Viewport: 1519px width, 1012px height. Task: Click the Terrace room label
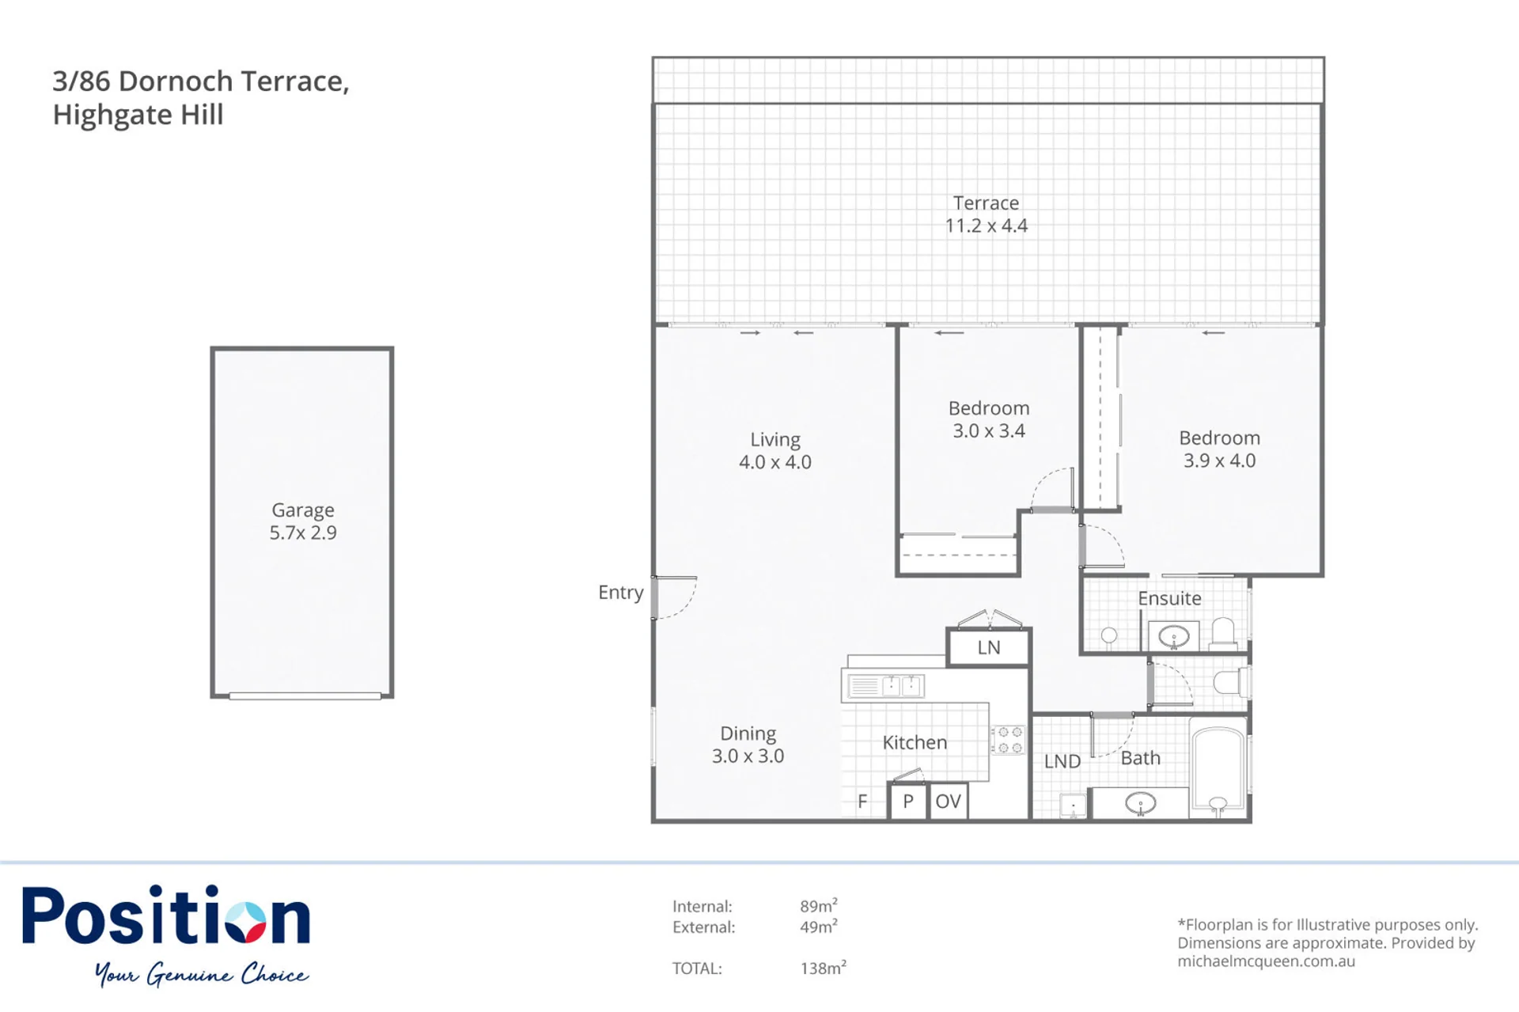coord(986,203)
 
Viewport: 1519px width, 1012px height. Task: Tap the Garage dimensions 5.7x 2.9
coord(303,533)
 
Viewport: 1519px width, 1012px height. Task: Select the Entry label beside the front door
coord(620,593)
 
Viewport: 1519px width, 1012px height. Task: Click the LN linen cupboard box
coord(989,647)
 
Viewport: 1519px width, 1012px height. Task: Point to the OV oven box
coord(948,802)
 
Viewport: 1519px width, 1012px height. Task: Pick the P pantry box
coord(908,802)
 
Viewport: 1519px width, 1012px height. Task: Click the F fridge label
coord(862,802)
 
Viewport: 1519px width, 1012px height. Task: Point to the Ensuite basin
coord(1174,636)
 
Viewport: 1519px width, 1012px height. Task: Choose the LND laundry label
coord(1062,761)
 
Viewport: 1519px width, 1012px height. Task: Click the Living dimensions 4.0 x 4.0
coord(775,462)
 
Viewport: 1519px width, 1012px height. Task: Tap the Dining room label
coord(748,733)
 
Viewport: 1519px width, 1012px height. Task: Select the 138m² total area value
coord(824,967)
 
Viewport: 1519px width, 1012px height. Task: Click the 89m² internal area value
coord(819,905)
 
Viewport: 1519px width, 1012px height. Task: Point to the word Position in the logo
coord(166,915)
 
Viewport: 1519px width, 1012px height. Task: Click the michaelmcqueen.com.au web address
coord(1267,961)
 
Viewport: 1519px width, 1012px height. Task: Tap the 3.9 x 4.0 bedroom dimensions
coord(1219,461)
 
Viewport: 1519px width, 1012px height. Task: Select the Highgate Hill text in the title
coord(138,115)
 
